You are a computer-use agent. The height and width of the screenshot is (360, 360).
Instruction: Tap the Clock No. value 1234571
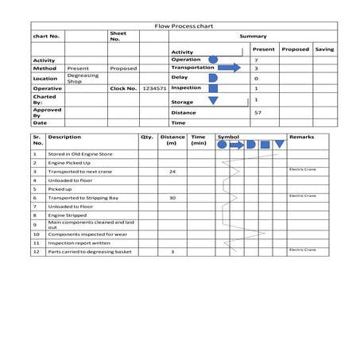(x=153, y=89)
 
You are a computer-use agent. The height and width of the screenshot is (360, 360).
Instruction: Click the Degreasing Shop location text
(x=78, y=79)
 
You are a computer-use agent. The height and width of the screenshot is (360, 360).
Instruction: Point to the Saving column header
(x=324, y=49)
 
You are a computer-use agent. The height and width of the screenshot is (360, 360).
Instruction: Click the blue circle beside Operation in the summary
(x=212, y=60)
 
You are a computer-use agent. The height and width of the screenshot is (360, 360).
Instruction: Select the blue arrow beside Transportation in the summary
(x=229, y=68)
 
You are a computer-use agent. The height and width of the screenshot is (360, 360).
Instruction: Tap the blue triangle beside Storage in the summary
(x=212, y=100)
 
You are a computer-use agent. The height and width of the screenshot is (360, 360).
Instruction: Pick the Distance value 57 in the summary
(x=257, y=113)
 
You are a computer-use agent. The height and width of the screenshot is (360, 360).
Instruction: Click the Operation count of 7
(x=256, y=60)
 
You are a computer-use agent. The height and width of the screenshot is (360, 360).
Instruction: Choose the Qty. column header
(x=146, y=137)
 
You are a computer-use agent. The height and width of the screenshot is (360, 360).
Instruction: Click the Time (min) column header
(x=198, y=140)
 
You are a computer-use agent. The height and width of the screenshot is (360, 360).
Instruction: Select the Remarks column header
(x=302, y=137)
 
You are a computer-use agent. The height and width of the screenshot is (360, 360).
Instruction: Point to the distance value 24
(x=172, y=172)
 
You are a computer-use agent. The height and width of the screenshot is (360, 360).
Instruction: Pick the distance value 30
(x=172, y=198)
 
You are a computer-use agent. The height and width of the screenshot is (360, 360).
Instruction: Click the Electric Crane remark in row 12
(x=302, y=250)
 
